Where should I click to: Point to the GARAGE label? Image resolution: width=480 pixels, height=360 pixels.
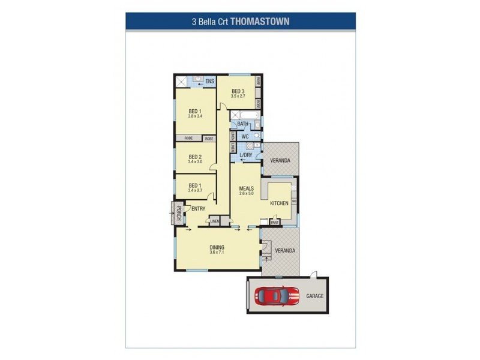point(315,296)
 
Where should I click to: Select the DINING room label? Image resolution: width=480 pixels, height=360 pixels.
point(217,247)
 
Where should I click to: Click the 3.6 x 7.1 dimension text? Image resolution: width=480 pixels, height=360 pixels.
point(217,253)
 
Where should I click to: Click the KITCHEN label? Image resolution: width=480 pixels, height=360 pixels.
point(279,203)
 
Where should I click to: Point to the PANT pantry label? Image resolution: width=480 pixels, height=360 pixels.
point(275,221)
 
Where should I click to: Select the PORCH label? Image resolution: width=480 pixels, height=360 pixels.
point(178,212)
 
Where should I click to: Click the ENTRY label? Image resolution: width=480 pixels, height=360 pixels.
point(199,209)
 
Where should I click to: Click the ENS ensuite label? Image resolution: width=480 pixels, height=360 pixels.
point(209,81)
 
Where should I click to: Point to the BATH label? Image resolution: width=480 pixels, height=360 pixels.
point(242,124)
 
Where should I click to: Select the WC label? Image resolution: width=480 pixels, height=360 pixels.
point(245,136)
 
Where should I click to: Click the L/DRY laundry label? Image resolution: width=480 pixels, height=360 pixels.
point(246,155)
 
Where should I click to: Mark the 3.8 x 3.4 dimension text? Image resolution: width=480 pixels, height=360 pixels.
point(194,116)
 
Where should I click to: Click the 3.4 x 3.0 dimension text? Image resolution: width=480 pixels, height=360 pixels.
point(194,161)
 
